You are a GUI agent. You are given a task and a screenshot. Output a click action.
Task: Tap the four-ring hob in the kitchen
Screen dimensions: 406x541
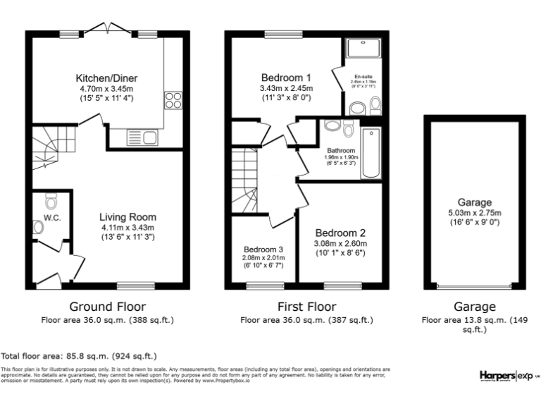click(x=173, y=101)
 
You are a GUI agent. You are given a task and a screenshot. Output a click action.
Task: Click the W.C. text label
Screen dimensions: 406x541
click(x=53, y=218)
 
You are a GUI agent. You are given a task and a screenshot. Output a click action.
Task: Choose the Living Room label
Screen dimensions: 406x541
click(x=127, y=217)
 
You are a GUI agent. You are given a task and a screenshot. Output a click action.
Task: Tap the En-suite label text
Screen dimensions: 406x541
click(x=363, y=76)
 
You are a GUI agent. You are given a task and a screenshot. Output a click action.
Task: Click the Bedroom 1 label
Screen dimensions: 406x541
click(x=286, y=78)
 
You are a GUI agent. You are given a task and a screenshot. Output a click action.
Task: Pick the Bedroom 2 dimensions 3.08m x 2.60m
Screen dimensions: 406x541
click(x=341, y=244)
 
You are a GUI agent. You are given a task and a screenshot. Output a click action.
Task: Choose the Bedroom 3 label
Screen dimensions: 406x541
click(x=263, y=249)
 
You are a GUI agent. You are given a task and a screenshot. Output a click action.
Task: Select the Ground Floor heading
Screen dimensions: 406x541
click(x=107, y=307)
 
